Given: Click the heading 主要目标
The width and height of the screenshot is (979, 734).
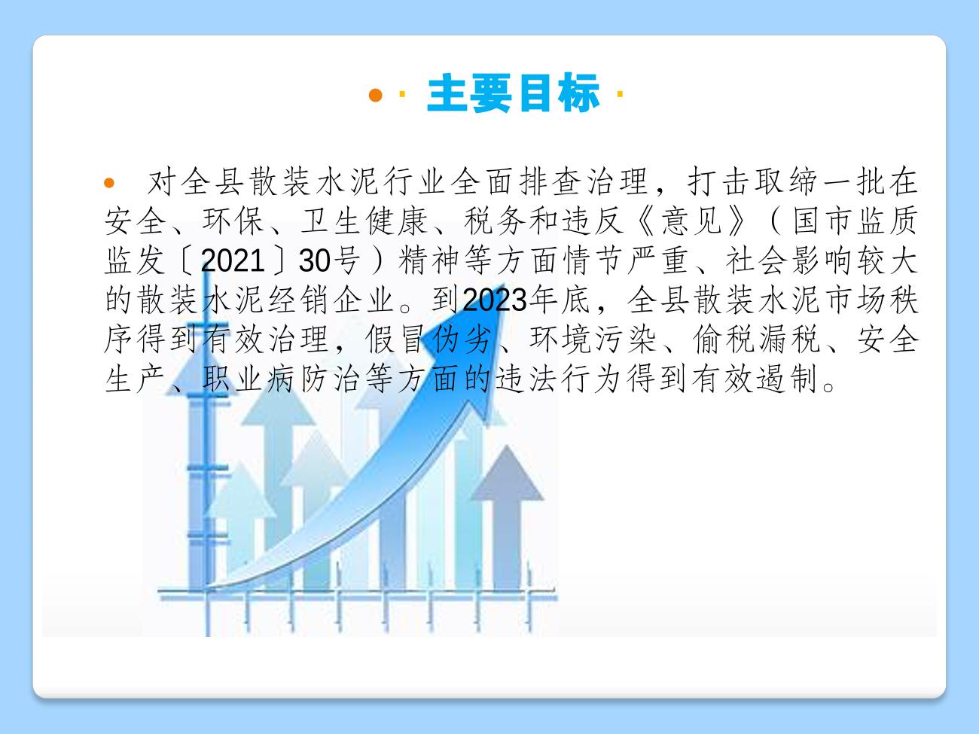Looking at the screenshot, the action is (513, 93).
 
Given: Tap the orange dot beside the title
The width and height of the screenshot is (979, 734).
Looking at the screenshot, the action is (376, 95).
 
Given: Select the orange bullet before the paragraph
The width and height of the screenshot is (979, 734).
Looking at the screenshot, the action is (109, 183).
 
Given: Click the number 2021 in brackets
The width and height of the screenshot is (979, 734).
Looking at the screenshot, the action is (233, 260).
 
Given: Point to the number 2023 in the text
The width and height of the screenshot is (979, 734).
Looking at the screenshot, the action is (495, 299).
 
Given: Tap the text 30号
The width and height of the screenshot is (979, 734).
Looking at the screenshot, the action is (329, 260).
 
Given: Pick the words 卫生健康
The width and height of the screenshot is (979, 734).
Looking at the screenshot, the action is (364, 221).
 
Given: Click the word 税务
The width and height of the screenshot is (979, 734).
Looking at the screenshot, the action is (495, 221).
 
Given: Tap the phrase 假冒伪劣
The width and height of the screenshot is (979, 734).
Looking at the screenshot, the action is (429, 339).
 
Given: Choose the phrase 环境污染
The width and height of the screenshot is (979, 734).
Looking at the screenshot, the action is (593, 339).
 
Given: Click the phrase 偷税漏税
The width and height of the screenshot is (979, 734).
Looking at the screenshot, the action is (757, 339).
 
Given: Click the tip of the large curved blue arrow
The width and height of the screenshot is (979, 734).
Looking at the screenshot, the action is (504, 285).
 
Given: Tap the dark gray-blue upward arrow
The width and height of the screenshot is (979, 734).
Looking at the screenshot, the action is (507, 518).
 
